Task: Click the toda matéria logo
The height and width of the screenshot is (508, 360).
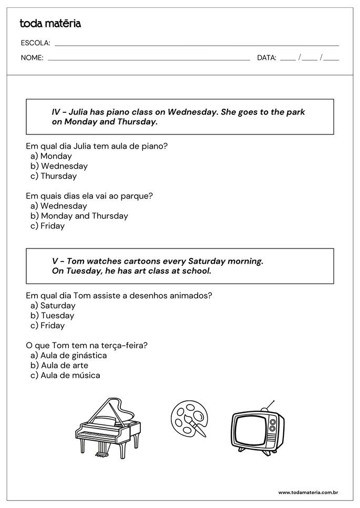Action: [x=50, y=23]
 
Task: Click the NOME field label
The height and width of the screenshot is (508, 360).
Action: [x=32, y=58]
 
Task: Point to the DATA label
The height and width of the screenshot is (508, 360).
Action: [x=266, y=58]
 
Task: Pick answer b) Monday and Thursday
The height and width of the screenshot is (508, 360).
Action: [x=79, y=216]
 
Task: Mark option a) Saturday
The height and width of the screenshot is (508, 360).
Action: [x=53, y=306]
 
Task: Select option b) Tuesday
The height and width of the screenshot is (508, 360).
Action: [x=53, y=316]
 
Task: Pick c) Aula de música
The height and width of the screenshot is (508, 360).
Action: [x=65, y=376]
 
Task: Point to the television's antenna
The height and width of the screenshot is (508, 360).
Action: [x=270, y=405]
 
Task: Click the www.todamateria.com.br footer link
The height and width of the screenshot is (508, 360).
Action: [x=307, y=493]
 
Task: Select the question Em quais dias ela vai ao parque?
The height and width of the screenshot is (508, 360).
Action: [x=89, y=196]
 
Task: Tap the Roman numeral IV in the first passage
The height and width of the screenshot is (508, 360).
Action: [x=56, y=112]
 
